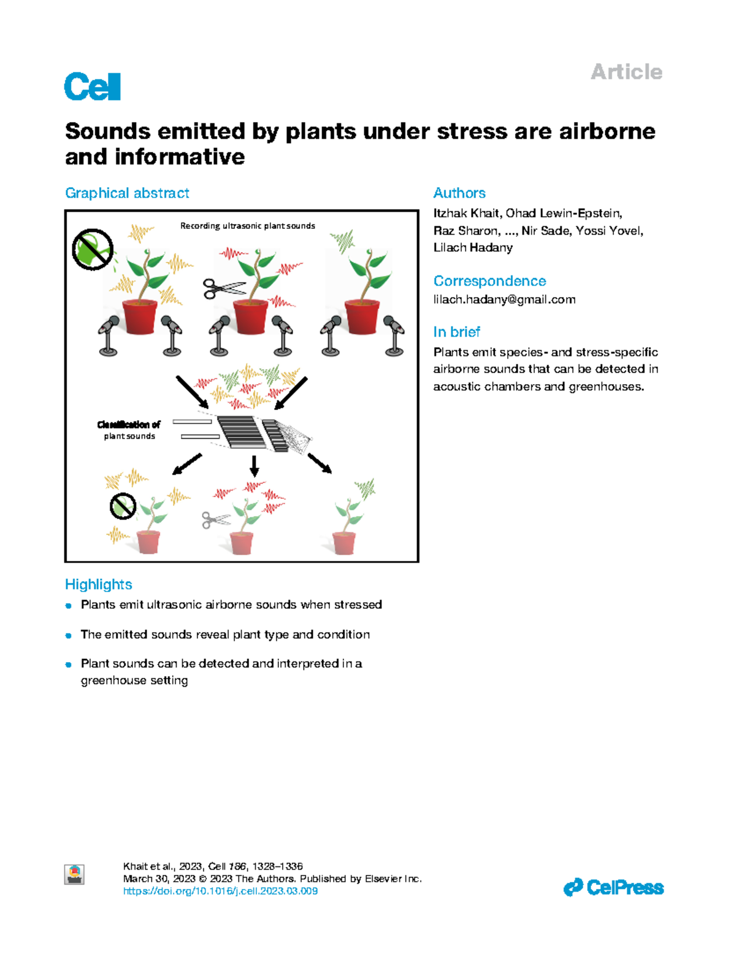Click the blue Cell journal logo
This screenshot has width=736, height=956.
click(93, 87)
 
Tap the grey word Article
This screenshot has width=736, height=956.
click(626, 72)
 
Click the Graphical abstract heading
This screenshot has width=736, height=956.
click(127, 193)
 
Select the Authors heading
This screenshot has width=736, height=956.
click(459, 193)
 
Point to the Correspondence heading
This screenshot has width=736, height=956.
click(489, 280)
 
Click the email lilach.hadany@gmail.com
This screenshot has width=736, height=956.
click(504, 299)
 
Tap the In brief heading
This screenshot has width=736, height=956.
click(456, 331)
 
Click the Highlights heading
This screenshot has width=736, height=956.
click(98, 584)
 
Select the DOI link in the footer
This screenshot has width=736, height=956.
click(220, 891)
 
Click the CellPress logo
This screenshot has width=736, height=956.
click(613, 887)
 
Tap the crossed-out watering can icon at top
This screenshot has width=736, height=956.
click(93, 249)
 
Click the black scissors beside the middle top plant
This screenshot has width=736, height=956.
click(223, 288)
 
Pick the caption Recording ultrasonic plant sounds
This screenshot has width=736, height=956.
click(247, 226)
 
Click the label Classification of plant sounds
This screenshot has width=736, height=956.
click(129, 430)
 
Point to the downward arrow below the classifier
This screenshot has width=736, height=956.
click(254, 466)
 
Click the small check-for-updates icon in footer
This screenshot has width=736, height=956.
click(74, 874)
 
